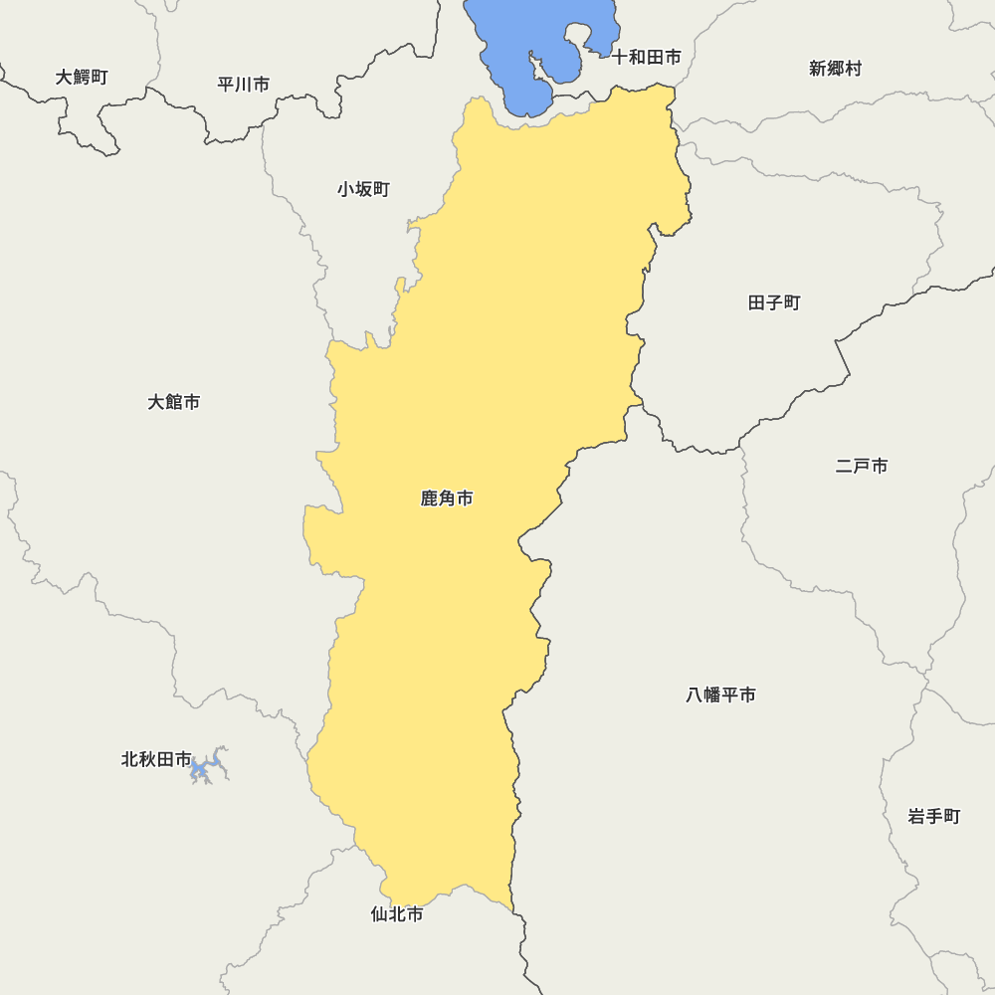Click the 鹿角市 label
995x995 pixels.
pos(447,498)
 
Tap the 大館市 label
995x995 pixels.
pos(174,402)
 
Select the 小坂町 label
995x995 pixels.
pos(363,189)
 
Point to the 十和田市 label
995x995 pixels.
pos(647,58)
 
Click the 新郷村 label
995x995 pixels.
pos(835,69)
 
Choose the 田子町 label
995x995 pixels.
pos(774,302)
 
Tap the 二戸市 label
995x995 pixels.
pos(862,466)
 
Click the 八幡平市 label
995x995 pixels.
pos(720,695)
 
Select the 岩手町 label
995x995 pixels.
pos(934,817)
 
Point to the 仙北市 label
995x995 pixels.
pos(397,913)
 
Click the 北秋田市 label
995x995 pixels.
pos(156,759)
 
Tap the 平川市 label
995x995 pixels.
pos(244,85)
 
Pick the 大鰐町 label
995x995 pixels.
pos(82,77)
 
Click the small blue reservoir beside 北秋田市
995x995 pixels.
pos(207,767)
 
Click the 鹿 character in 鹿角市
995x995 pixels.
pos(430,498)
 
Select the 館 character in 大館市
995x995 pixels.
pos(174,402)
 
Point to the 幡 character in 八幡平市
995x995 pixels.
pos(712,695)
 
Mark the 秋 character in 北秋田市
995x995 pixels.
pos(147,759)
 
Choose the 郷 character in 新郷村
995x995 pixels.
pos(835,69)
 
